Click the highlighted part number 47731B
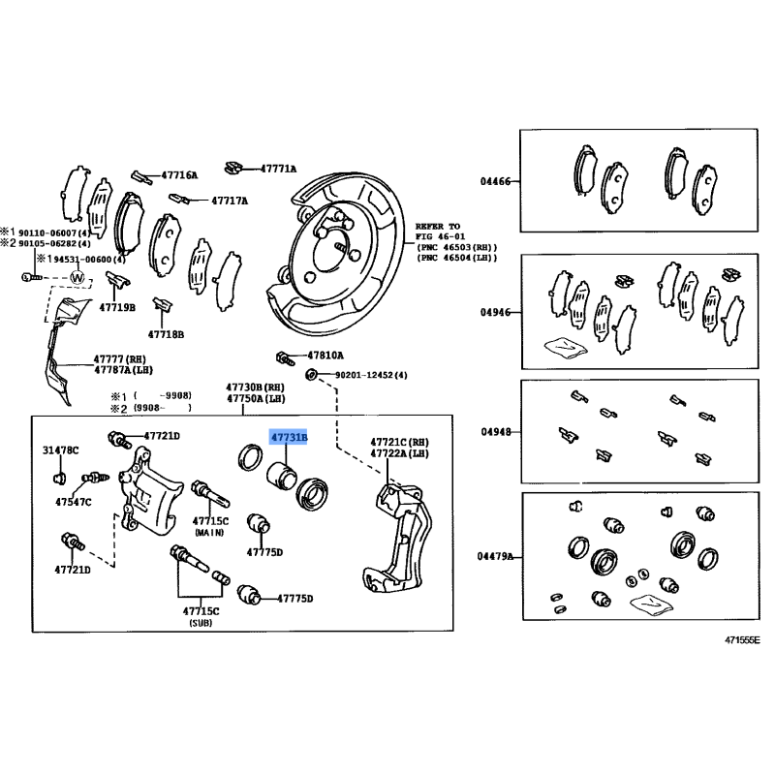point(288,438)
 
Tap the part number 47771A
point(278,168)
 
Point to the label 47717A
point(229,201)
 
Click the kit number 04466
point(495,181)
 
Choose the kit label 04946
point(495,313)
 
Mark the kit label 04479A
point(497,556)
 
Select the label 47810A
point(325,356)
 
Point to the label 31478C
point(61,449)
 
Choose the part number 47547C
point(74,502)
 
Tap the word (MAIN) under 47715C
point(208,533)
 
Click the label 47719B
point(117,307)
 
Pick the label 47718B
point(166,334)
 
